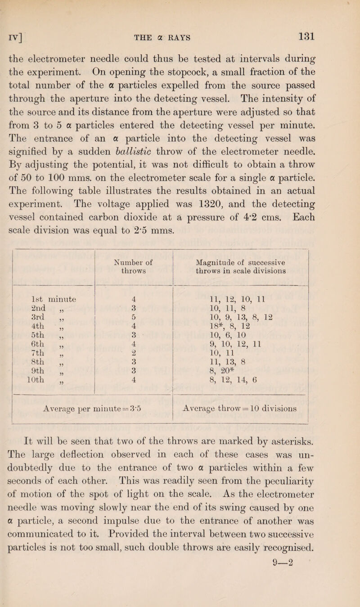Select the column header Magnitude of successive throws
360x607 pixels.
pos(240,260)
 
